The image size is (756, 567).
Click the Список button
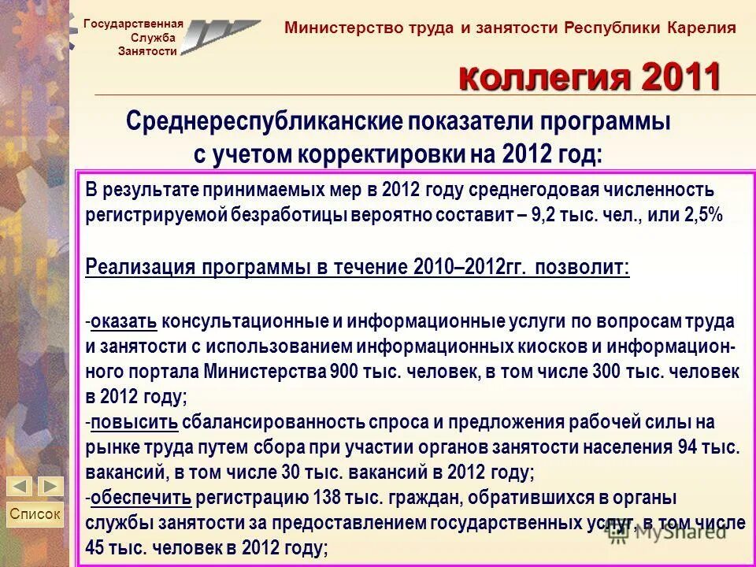[35, 514]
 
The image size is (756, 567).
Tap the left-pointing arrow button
[21, 486]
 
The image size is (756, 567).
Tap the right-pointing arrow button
[50, 486]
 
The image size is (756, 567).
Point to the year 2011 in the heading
[681, 77]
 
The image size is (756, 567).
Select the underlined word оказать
[124, 321]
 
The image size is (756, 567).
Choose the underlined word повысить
[134, 424]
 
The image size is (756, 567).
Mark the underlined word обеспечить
[141, 498]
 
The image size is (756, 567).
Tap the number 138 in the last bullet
[337, 498]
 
